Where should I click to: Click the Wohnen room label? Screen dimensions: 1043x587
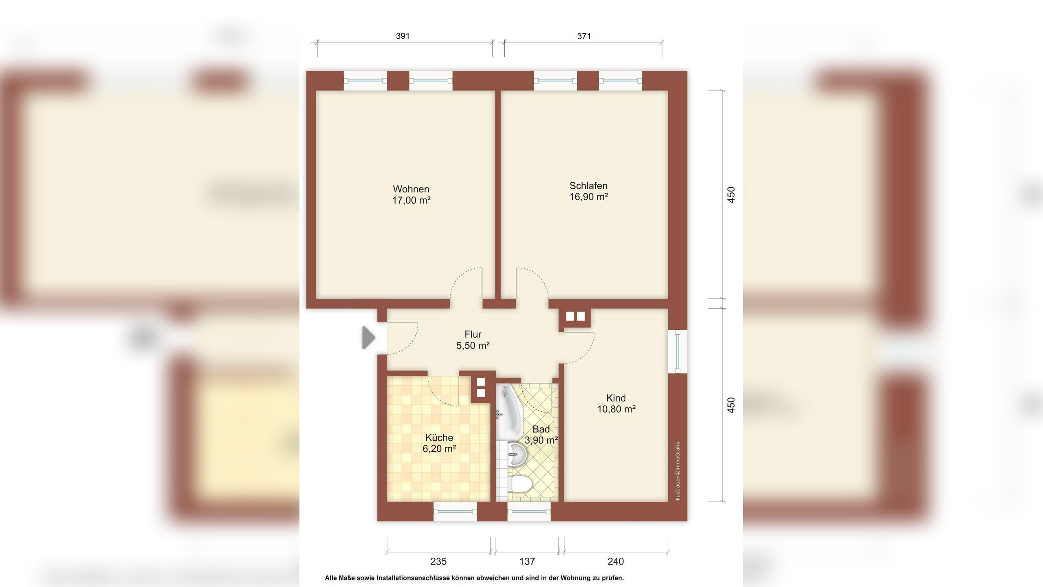coord(411,189)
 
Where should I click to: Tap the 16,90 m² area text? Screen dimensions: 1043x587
coord(589,197)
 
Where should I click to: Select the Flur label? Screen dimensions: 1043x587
coord(473,334)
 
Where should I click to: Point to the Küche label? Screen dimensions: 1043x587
coord(439,437)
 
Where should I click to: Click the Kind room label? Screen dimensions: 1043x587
coord(616,398)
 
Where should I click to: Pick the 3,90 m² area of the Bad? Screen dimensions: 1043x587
coord(541,440)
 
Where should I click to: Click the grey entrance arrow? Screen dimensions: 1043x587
coord(369,338)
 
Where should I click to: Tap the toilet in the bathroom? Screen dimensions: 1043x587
coord(520,485)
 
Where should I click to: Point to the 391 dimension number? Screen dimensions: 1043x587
coord(403,36)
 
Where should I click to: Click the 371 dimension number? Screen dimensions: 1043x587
coord(584,36)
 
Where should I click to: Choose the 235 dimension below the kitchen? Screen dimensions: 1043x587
coord(438,561)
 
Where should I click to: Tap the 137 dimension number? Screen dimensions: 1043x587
coord(527,561)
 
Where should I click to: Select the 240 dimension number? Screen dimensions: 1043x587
coord(616,561)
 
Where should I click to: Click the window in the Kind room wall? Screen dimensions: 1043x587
coord(678,351)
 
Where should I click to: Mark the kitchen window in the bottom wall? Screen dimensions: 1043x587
coord(455,511)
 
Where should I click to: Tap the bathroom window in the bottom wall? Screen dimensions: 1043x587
coord(529,511)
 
